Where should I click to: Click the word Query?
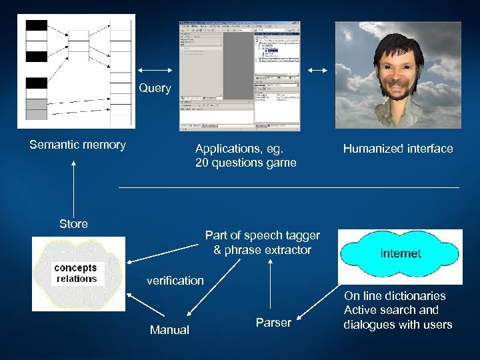click(155, 88)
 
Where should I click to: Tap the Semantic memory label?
click(77, 145)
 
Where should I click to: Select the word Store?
click(73, 224)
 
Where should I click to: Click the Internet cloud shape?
click(400, 253)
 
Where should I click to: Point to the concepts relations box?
click(76, 273)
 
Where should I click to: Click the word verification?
click(175, 281)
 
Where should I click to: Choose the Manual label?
click(169, 330)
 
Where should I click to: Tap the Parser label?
click(273, 323)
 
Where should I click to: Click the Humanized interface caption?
click(398, 149)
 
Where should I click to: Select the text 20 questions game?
click(245, 163)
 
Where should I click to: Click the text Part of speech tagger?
click(262, 235)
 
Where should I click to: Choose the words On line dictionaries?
click(395, 295)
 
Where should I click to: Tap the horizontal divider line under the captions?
click(289, 187)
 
